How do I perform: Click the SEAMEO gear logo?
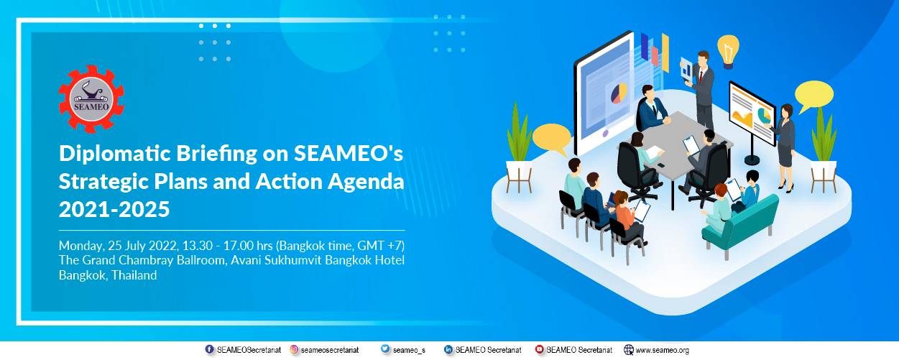(x=91, y=98)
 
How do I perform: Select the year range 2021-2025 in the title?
(x=114, y=209)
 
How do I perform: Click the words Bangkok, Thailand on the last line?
(x=108, y=275)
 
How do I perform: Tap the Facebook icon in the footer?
(x=210, y=350)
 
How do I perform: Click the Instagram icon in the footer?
(x=295, y=350)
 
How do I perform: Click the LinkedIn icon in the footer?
(x=448, y=350)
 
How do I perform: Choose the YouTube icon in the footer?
(x=540, y=350)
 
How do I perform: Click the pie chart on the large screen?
(x=618, y=93)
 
